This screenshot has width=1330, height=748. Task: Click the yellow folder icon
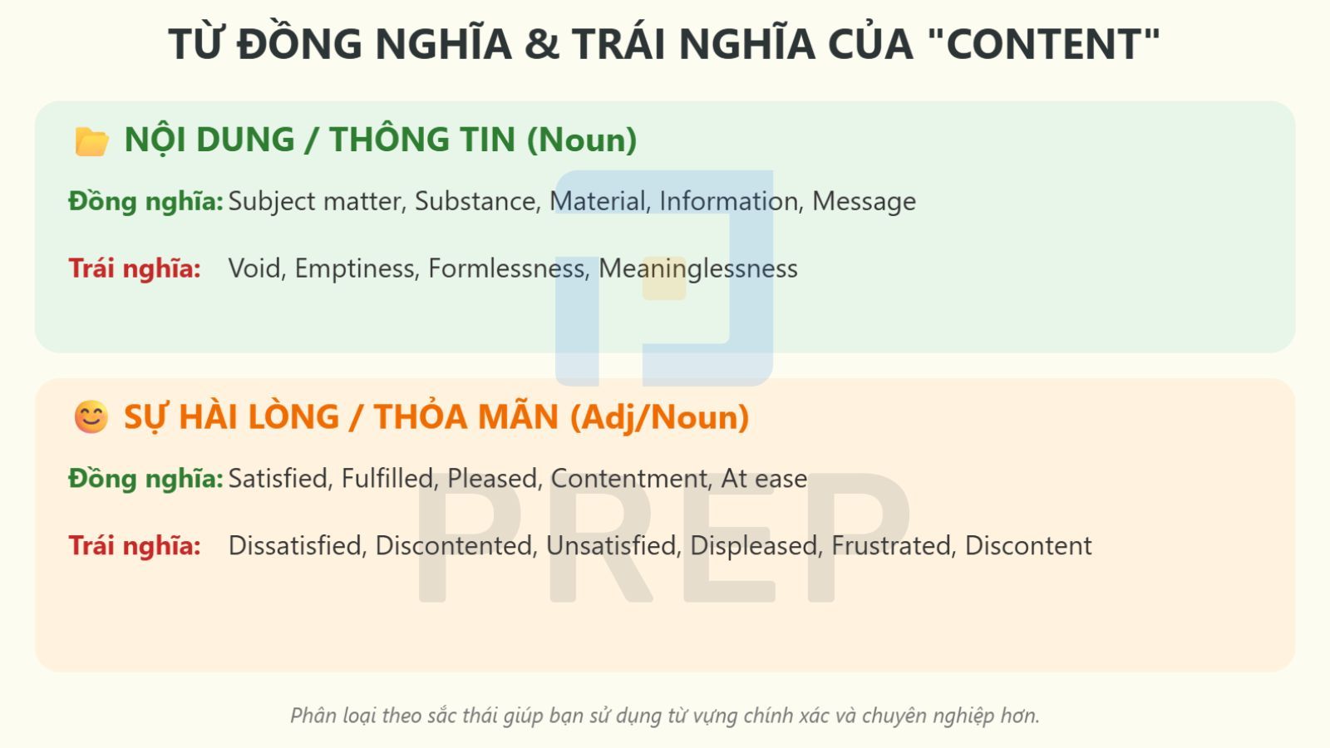pos(91,141)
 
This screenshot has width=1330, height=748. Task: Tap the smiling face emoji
pos(91,416)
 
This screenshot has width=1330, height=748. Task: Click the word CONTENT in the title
pos(1043,44)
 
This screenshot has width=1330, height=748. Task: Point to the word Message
pos(864,201)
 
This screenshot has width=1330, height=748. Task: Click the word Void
pos(257,268)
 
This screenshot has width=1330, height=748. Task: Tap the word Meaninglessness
pos(698,268)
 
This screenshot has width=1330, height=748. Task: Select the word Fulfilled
pos(390,479)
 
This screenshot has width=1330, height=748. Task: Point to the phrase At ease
pos(764,479)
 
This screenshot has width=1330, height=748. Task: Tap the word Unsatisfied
pos(612,546)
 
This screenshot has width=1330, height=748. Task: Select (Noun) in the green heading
pos(582,140)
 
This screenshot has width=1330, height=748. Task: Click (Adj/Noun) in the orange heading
pos(660,417)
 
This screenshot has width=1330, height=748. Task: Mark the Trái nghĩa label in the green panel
pos(135,268)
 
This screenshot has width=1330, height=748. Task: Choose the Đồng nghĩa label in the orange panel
pos(145,479)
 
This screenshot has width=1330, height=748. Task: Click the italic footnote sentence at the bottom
pos(665,716)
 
